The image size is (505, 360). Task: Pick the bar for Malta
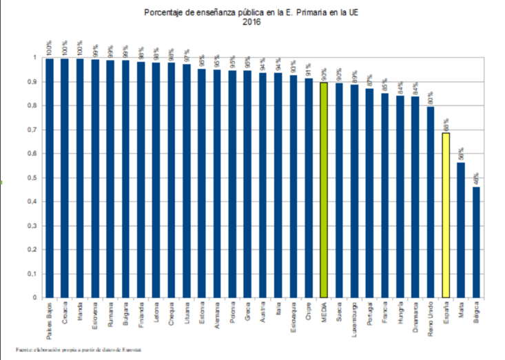tap(461, 230)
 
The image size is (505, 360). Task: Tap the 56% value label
tap(461, 153)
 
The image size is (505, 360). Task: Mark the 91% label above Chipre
tap(308, 70)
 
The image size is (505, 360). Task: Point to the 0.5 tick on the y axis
tap(34, 178)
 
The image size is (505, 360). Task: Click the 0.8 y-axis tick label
tap(34, 105)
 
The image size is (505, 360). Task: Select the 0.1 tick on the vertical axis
tap(34, 274)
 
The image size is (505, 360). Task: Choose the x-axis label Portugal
tap(369, 314)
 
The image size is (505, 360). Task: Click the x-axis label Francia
tap(384, 313)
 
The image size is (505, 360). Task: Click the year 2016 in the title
tap(252, 22)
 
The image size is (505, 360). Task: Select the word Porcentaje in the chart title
tap(163, 12)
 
